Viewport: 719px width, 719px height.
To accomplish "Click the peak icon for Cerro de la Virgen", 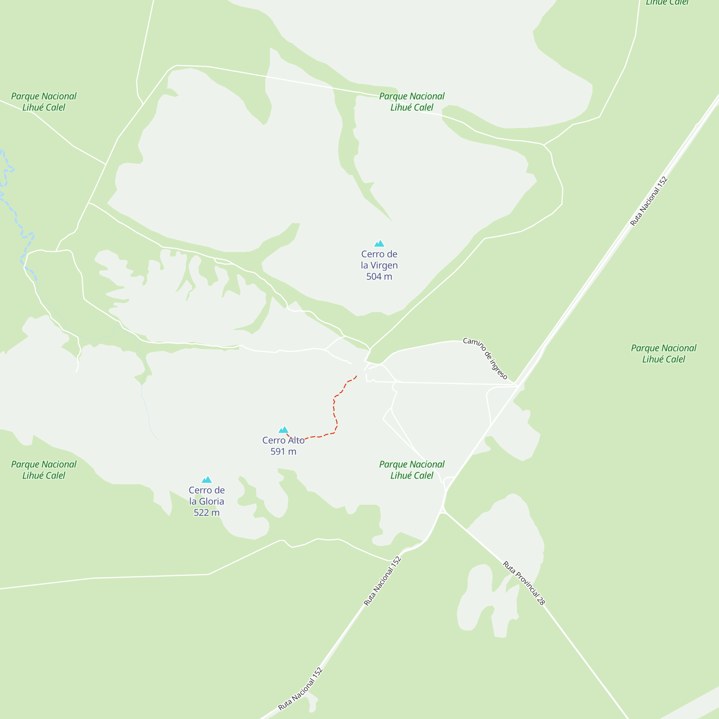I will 379,244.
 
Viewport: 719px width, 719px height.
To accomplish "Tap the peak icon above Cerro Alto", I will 283,430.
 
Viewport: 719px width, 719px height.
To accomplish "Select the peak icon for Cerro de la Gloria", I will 207,480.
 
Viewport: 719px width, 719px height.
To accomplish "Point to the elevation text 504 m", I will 379,276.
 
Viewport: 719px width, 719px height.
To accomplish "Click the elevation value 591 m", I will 283,452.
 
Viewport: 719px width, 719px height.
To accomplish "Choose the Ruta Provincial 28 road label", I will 524,583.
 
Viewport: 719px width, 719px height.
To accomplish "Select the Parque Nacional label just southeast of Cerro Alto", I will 412,470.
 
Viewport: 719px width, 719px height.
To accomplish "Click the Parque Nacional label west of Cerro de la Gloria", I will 43,470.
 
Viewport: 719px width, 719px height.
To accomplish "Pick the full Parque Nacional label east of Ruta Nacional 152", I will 664,353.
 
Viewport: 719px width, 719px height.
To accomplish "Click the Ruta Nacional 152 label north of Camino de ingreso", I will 649,201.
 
